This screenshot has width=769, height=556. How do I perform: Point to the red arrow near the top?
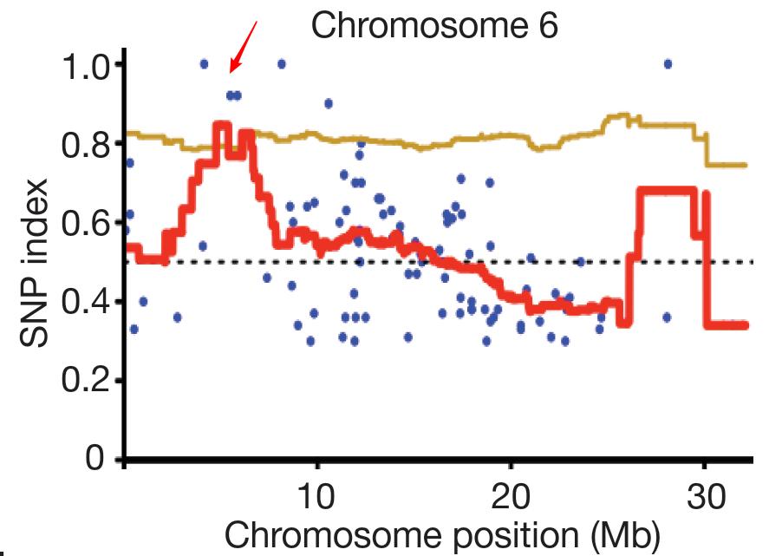pyautogui.click(x=244, y=48)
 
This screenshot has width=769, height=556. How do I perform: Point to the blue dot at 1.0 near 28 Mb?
pyautogui.click(x=668, y=63)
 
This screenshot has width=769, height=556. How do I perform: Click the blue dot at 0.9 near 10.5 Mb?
pyautogui.click(x=329, y=103)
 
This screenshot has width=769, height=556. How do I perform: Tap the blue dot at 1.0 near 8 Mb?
pyautogui.click(x=281, y=63)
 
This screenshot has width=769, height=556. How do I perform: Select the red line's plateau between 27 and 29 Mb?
pyautogui.click(x=666, y=190)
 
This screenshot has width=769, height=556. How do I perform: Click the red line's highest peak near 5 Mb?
pyautogui.click(x=221, y=124)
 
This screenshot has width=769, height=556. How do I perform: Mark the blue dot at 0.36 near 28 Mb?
pyautogui.click(x=667, y=317)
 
